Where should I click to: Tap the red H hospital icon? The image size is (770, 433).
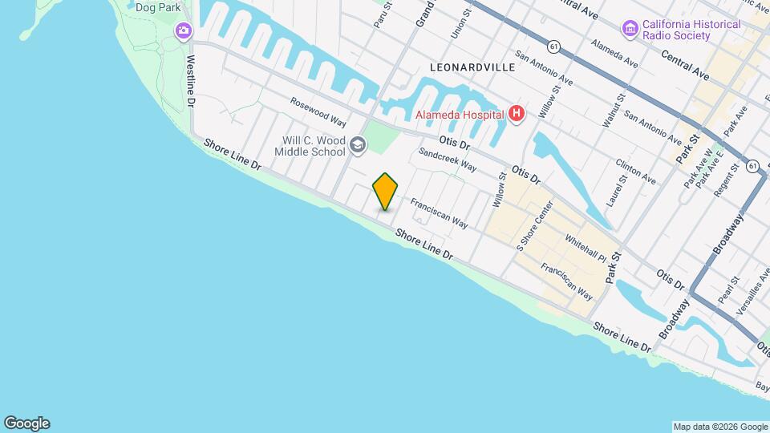point(517,115)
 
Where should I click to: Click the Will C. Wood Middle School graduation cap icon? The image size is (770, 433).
point(357,146)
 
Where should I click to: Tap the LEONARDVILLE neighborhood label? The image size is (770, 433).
point(472,68)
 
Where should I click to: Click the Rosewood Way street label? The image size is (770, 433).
point(318,113)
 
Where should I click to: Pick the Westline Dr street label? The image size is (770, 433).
point(191,81)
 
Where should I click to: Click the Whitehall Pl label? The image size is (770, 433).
point(586,248)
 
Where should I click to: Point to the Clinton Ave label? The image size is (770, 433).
point(636,171)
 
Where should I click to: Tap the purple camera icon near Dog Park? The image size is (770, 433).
point(184,30)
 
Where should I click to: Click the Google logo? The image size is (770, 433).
point(26,423)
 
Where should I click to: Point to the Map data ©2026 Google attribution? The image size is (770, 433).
point(719,427)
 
